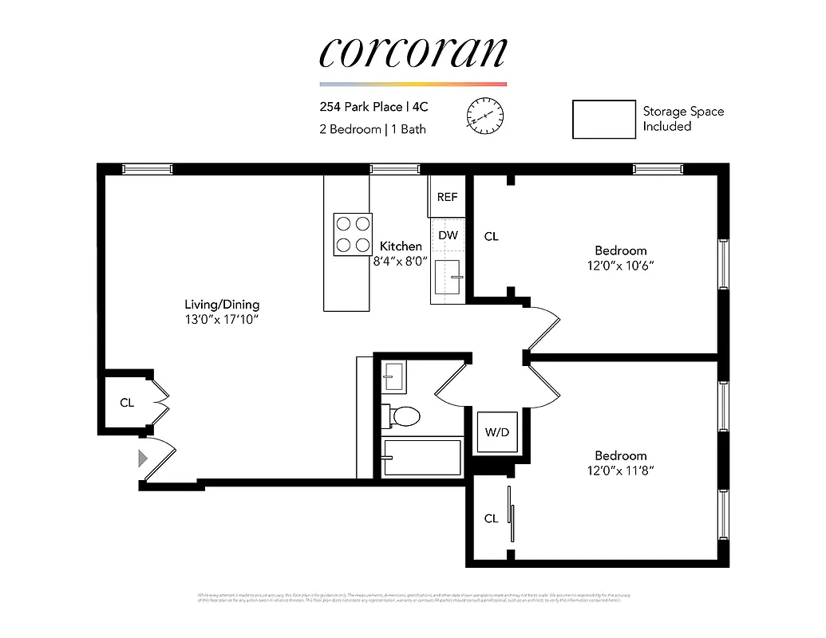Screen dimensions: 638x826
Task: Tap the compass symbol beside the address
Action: tap(485, 116)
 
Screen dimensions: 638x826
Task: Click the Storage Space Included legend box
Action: tap(603, 120)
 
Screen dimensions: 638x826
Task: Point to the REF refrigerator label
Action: tap(447, 197)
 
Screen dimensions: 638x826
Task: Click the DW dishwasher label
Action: tap(448, 235)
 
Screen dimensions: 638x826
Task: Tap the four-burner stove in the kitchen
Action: tap(352, 234)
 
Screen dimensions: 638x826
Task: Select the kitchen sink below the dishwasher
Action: tap(448, 277)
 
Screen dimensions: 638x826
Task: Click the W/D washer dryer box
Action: tap(496, 432)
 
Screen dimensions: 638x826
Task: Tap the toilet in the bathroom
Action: tap(404, 415)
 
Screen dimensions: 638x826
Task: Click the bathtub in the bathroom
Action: tap(422, 458)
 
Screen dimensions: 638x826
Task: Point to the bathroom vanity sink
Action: tap(394, 375)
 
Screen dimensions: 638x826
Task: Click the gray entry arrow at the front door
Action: tap(143, 459)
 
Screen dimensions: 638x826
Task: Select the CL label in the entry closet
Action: tap(127, 403)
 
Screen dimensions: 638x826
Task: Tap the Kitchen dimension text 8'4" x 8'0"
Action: tap(401, 260)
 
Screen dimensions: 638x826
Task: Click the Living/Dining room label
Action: tap(222, 305)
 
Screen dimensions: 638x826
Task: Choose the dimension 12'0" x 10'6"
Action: tap(620, 265)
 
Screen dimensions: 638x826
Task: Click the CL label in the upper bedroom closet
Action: tap(492, 237)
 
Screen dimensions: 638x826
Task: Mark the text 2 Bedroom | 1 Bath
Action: tap(373, 129)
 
